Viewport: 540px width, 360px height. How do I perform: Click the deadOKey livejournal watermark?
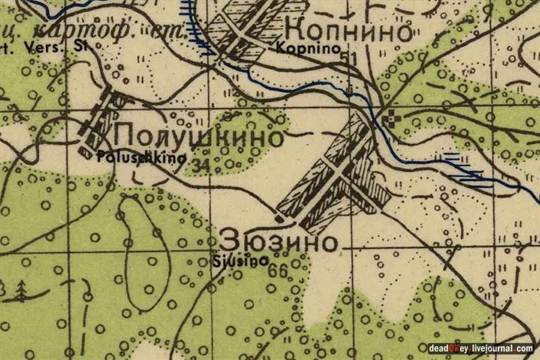[x=480, y=349]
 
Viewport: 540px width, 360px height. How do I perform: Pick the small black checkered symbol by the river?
[x=391, y=118]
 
